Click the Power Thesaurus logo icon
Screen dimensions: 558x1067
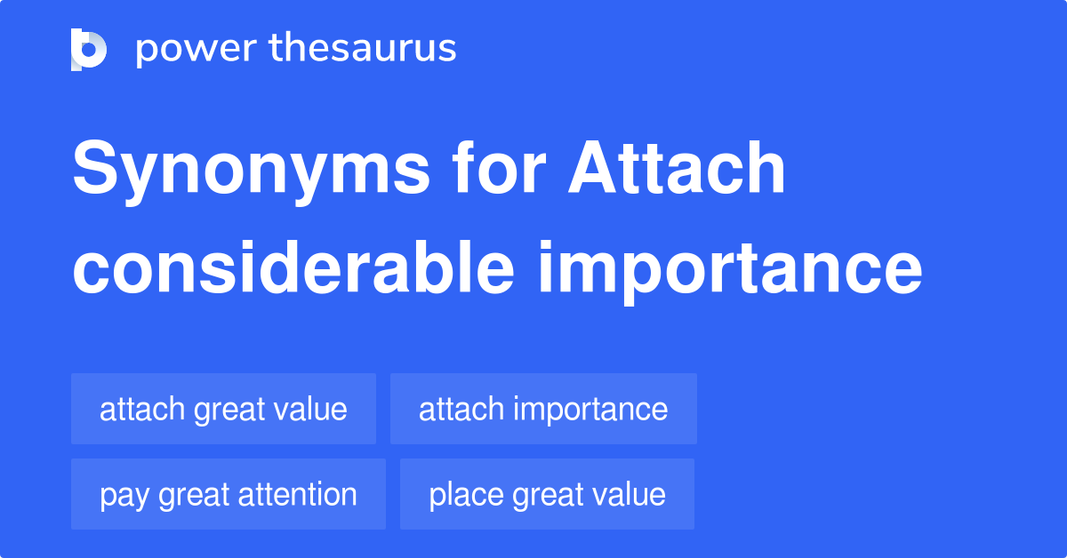click(x=89, y=49)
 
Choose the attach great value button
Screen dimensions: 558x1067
click(x=223, y=409)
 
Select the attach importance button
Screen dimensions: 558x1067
click(x=543, y=409)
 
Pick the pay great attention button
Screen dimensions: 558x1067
click(x=229, y=494)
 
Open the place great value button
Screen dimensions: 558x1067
click(x=547, y=494)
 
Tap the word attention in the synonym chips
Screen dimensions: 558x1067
click(x=304, y=494)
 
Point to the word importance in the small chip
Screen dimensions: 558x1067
click(x=590, y=410)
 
